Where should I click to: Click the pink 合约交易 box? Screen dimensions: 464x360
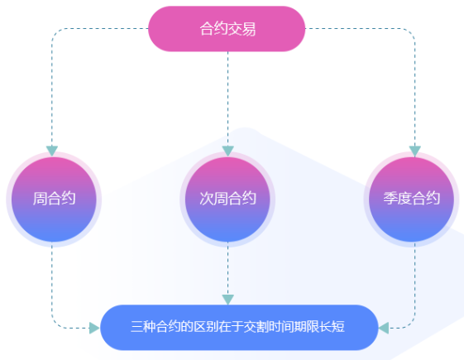click(227, 29)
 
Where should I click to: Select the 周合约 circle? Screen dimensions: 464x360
click(54, 199)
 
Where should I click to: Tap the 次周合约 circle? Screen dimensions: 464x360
click(227, 199)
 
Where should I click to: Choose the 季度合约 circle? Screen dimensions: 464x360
click(411, 199)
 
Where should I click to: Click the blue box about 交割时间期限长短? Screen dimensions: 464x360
click(239, 328)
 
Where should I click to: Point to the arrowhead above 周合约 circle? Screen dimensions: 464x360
click(52, 151)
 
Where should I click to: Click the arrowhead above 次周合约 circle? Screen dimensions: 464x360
click(227, 151)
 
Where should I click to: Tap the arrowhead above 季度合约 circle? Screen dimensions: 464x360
click(415, 151)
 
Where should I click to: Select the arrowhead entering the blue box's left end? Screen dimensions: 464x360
click(94, 328)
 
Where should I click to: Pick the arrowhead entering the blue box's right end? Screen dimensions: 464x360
click(384, 328)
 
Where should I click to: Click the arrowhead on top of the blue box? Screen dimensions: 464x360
click(227, 300)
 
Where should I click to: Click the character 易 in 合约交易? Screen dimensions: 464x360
click(249, 29)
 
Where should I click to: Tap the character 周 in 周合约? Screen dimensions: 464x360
click(40, 199)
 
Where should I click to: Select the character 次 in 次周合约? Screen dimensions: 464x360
click(207, 199)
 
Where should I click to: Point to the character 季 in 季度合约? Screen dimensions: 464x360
click(390, 198)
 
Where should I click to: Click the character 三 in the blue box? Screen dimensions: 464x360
click(136, 327)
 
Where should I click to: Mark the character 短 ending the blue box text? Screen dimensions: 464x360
click(339, 327)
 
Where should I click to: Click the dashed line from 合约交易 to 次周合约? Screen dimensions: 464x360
click(227, 98)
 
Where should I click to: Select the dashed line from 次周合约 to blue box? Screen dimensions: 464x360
click(227, 268)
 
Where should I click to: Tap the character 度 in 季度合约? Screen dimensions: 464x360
click(404, 198)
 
